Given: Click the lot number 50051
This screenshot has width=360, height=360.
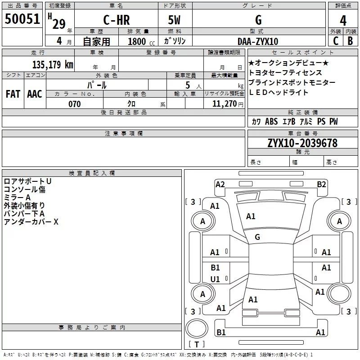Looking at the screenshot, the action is tap(22, 19).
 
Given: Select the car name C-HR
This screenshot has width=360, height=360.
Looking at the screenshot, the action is tap(117, 20).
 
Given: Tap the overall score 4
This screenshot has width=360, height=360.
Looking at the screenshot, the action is tap(343, 21).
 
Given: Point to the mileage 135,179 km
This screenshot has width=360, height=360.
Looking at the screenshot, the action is tap(53, 64).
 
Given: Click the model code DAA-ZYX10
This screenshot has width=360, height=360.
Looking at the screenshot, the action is tap(258, 41).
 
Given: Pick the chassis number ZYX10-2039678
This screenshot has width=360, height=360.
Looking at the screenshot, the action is tap(302, 143).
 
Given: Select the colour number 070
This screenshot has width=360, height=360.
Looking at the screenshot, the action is tap(75, 104).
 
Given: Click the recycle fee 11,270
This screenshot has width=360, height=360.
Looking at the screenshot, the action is tap(224, 104).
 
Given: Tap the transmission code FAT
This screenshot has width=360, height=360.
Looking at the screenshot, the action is tap(13, 94).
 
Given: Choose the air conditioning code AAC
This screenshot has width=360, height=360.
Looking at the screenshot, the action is tap(35, 94).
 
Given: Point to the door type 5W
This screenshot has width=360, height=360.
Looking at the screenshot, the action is tap(174, 20).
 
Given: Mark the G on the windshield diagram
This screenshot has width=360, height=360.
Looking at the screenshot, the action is tap(257, 237).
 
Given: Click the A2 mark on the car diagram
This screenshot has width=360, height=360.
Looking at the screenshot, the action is tap(220, 184).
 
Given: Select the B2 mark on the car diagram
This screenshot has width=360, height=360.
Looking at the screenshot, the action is tap(321, 184).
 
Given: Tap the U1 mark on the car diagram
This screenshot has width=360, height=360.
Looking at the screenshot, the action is tap(215, 279).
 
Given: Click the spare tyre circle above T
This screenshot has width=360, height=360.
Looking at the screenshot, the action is tap(197, 328).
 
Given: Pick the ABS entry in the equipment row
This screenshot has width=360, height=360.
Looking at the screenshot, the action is tap(271, 121).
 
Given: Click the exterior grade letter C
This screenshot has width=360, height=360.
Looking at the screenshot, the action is tap(336, 41).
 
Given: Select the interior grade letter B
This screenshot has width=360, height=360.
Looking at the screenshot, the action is tap(350, 41).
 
